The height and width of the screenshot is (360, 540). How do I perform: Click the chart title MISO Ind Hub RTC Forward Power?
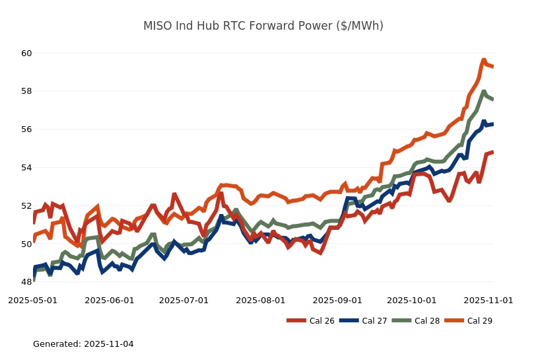tap(263, 26)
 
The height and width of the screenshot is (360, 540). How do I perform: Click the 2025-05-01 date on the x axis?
tap(33, 300)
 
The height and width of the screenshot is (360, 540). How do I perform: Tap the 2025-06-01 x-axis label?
tap(110, 300)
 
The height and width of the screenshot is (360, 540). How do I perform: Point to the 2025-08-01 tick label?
tap(261, 300)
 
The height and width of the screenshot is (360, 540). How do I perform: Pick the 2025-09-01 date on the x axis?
tap(338, 300)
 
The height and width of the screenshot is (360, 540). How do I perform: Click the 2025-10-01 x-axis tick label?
tap(412, 300)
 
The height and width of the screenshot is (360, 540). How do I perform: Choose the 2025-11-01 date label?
tap(489, 300)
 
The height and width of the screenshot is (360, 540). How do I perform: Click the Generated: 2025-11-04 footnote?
tap(83, 344)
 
